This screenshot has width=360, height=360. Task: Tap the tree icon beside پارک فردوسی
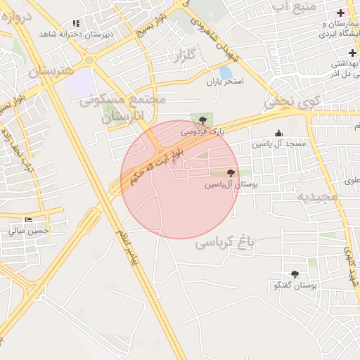click(203, 120)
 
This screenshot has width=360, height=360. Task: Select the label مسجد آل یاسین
click(279, 144)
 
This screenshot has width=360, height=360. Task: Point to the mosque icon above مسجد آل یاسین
click(279, 133)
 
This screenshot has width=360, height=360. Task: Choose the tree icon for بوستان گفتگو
click(294, 275)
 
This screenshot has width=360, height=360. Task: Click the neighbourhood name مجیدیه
click(317, 196)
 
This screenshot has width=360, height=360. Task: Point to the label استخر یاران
click(224, 82)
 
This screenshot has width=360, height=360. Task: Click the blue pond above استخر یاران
click(226, 71)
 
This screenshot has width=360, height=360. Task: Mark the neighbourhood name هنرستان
click(51, 72)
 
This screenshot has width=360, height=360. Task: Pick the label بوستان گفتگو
click(295, 286)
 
